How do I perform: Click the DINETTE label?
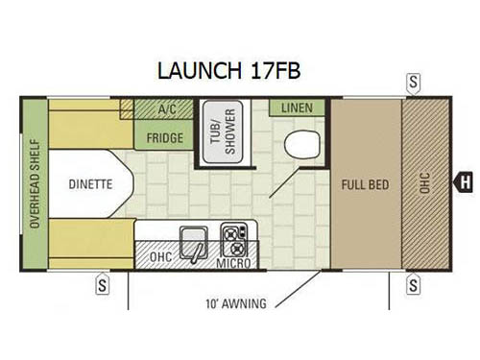tap(90, 183)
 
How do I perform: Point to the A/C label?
tap(165, 110)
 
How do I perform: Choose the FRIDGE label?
tap(165, 137)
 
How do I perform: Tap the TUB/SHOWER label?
tap(230, 128)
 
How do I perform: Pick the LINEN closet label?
tap(297, 108)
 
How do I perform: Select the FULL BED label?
tap(366, 183)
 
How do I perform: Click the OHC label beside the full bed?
tap(425, 183)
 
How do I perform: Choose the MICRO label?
tap(233, 262)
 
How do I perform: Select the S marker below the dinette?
tap(102, 284)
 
